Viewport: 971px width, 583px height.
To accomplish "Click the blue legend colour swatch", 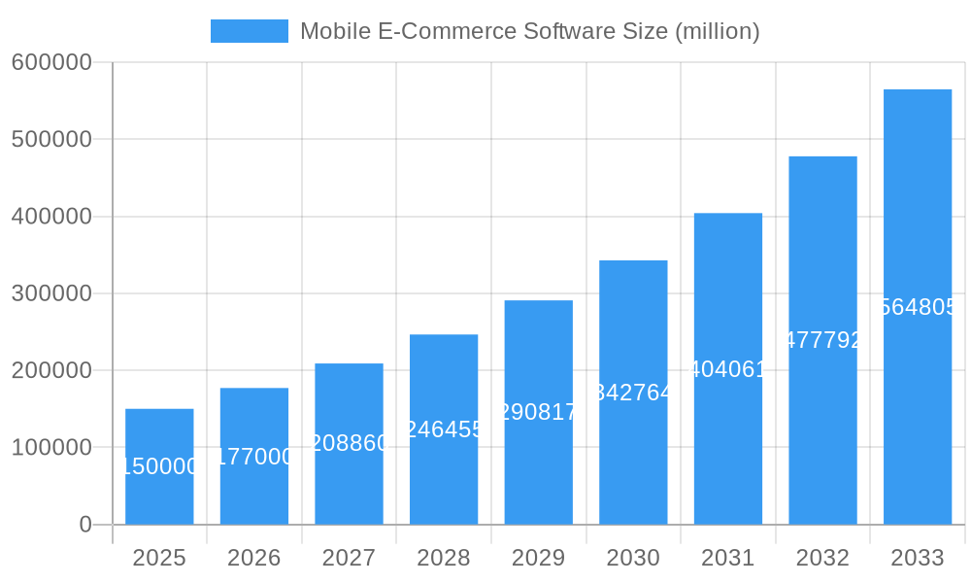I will (250, 31).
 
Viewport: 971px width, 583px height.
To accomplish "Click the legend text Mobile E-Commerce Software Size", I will (529, 31).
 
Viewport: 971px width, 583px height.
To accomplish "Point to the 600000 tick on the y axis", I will (51, 62).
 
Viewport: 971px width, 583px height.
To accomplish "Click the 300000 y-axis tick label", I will (51, 293).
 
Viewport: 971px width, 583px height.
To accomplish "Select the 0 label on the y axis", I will (84, 525).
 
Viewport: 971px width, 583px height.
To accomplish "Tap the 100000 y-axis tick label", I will (51, 448).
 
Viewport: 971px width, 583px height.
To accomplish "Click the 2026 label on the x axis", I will (254, 558).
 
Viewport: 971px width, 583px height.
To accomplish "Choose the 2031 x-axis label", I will (728, 558).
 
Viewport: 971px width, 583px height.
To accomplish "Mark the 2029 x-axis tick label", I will (538, 558).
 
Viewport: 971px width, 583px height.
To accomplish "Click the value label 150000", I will (159, 466).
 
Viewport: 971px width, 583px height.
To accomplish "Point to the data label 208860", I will (349, 444).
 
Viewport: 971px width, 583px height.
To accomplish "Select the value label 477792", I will (822, 340).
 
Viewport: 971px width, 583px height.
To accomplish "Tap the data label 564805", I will (918, 307).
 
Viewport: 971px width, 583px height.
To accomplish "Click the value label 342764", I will (633, 393).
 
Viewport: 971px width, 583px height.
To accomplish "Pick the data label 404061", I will (728, 369).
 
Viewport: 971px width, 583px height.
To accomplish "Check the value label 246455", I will (444, 429).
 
